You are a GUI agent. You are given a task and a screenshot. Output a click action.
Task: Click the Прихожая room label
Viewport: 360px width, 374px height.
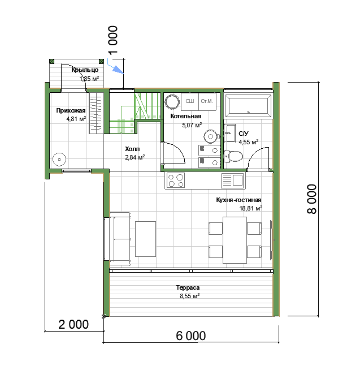[x=71, y=111]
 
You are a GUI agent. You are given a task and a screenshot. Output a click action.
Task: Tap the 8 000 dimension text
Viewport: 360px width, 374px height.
[x=311, y=199]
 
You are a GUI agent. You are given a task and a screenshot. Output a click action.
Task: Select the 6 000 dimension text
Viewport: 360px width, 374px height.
[x=191, y=336]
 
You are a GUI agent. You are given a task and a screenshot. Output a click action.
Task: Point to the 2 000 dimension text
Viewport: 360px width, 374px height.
[x=73, y=324]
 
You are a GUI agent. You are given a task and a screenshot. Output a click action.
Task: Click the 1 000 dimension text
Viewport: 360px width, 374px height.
[x=112, y=40]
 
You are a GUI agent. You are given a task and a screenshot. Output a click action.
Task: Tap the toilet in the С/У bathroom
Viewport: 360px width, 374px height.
[x=233, y=156]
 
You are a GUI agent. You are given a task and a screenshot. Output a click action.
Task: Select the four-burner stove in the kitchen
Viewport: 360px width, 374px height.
[x=176, y=180]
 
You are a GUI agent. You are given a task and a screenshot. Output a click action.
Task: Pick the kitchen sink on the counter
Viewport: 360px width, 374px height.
[x=232, y=180]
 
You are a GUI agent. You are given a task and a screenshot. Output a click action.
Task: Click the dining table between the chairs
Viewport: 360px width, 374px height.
[x=235, y=240]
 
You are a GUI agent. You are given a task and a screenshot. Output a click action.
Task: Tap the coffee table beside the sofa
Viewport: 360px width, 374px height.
[x=146, y=239]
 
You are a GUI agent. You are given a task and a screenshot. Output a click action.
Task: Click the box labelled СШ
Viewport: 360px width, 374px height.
[x=190, y=102]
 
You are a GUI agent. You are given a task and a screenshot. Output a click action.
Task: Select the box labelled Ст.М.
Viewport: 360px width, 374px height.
[x=207, y=102]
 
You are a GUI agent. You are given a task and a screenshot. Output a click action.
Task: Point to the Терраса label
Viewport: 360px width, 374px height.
[x=188, y=287]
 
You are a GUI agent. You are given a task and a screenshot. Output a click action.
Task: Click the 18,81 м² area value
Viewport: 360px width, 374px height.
[x=250, y=208]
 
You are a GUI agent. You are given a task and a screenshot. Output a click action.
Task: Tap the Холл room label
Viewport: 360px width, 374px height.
[x=132, y=149]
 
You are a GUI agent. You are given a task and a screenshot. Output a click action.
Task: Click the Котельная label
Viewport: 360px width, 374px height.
[x=185, y=116]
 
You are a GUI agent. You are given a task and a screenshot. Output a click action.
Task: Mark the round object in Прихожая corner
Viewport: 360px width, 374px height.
[x=59, y=160]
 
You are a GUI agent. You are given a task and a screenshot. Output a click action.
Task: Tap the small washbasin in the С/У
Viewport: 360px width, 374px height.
[x=229, y=133]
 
